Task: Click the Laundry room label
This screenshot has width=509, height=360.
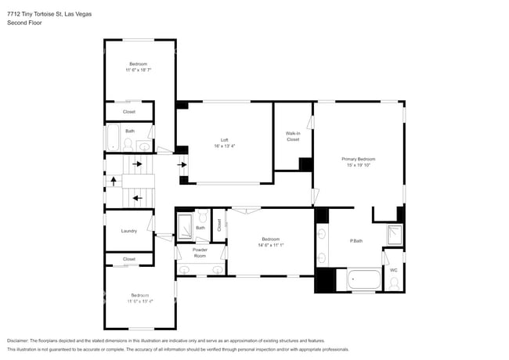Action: tap(129, 231)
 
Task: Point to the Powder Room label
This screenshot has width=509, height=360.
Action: tap(200, 253)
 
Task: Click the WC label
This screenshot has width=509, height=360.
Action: tap(393, 270)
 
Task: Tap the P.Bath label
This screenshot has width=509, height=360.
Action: tap(356, 240)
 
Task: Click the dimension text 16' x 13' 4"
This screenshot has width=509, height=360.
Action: tap(223, 146)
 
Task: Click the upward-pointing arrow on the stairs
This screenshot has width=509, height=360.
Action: tap(113, 181)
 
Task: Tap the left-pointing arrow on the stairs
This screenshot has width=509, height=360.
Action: tap(137, 198)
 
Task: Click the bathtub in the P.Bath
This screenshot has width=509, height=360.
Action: tap(363, 279)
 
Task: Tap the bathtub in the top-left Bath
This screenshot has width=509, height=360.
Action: tap(111, 139)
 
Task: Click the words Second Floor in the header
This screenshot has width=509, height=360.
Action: tap(24, 23)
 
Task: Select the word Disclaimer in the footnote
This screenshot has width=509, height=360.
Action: tap(22, 341)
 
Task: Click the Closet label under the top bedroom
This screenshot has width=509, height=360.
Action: tap(129, 112)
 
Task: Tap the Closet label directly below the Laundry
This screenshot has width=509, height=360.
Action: tap(129, 259)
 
